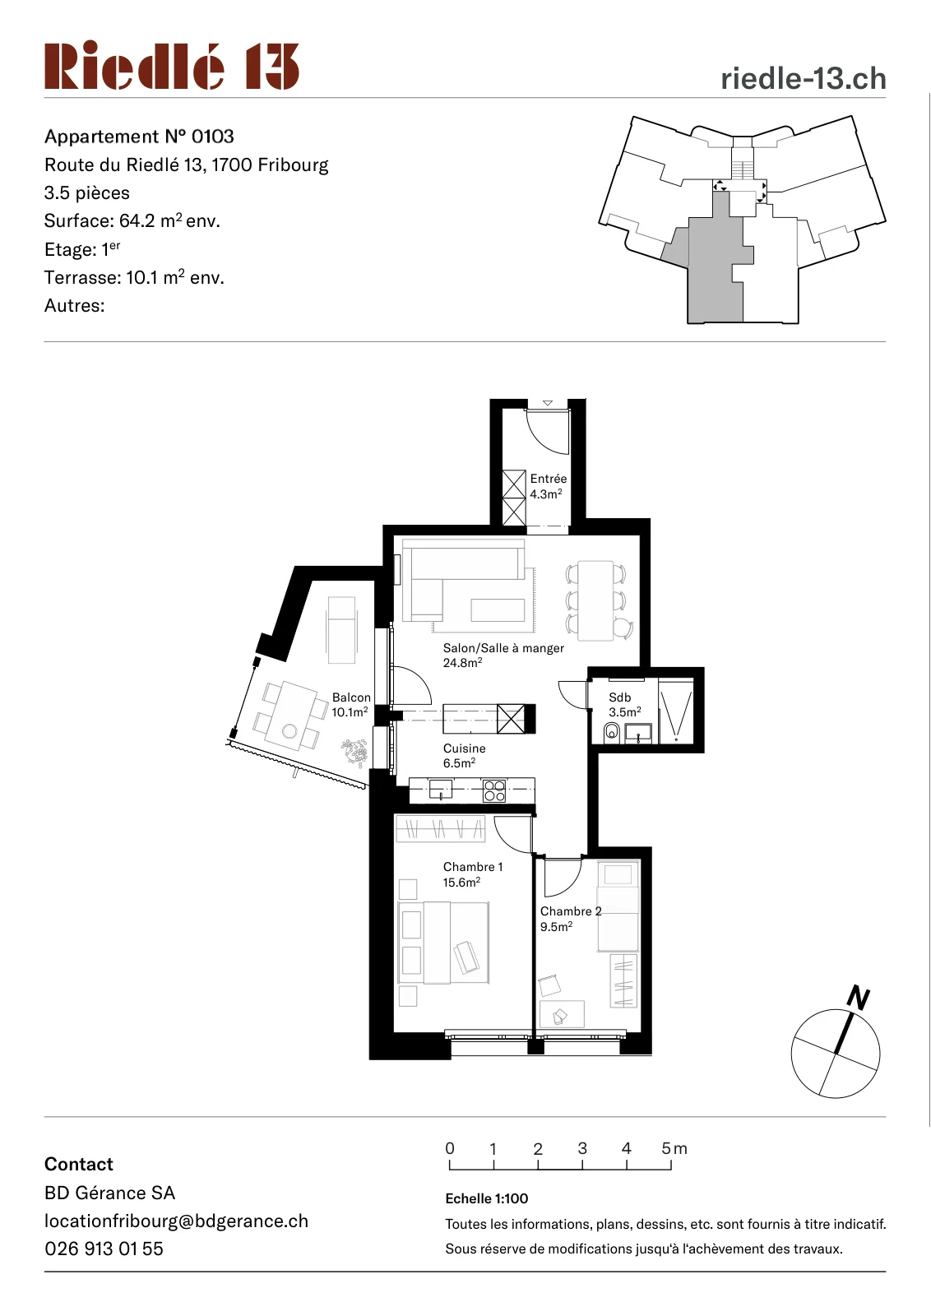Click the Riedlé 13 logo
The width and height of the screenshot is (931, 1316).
click(x=172, y=65)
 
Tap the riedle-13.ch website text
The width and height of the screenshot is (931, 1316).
click(x=803, y=79)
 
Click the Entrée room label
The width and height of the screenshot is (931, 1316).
click(x=548, y=479)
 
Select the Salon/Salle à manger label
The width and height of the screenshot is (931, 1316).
click(x=503, y=648)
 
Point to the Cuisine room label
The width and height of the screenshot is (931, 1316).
click(x=464, y=748)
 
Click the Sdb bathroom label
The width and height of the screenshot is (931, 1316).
click(x=619, y=697)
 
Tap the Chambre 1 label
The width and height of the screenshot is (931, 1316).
click(x=473, y=867)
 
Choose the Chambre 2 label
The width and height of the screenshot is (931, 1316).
click(x=571, y=911)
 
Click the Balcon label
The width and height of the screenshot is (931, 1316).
click(x=351, y=697)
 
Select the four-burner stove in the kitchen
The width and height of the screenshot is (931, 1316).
click(x=494, y=790)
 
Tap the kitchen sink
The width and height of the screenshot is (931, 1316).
click(x=441, y=789)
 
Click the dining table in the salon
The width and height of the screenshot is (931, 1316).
click(x=595, y=600)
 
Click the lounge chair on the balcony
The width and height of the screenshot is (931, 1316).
click(x=341, y=630)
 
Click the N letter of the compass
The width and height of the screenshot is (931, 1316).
click(x=859, y=998)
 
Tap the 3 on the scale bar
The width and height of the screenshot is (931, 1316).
click(x=582, y=1148)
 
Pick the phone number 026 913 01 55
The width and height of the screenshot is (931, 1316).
click(x=104, y=1249)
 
